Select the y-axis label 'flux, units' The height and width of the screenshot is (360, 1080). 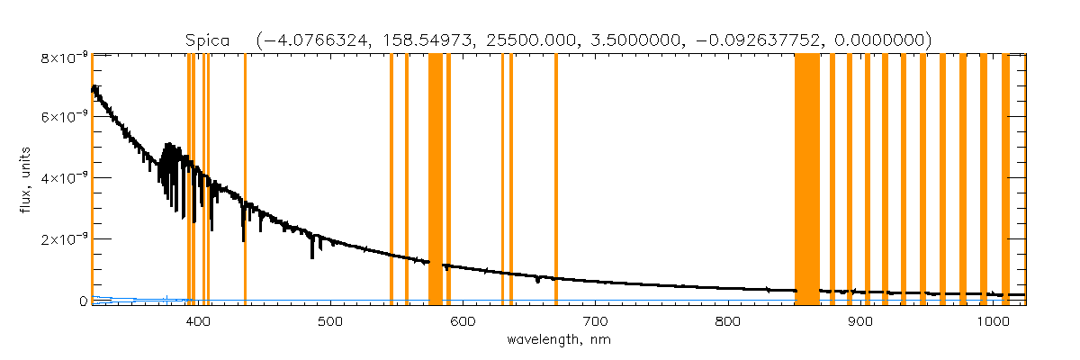click(x=29, y=178)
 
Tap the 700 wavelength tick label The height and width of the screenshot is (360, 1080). click(x=595, y=321)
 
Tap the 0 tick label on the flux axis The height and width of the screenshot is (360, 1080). click(x=83, y=301)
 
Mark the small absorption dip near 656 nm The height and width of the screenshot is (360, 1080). click(x=537, y=281)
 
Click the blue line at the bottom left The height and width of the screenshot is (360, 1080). click(x=135, y=299)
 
